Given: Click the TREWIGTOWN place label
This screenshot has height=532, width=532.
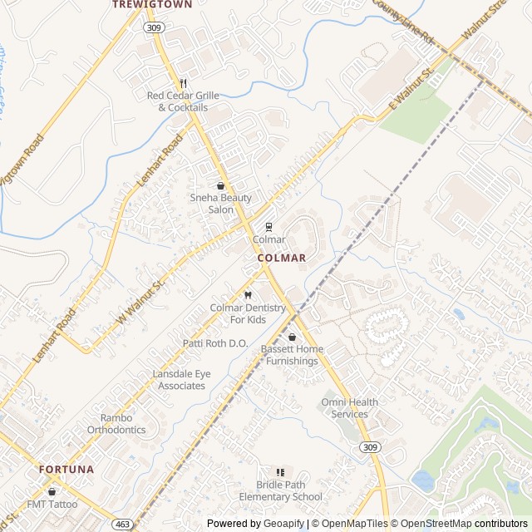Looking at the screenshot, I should (152, 5).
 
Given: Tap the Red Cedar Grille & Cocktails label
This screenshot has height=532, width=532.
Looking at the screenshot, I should (183, 101).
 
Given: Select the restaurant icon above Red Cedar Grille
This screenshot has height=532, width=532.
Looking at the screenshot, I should (183, 84).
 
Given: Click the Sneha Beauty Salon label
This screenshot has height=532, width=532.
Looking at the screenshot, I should (220, 204).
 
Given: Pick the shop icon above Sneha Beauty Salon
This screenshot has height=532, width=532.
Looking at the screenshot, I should (220, 186).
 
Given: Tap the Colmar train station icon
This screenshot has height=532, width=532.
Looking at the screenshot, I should (268, 227).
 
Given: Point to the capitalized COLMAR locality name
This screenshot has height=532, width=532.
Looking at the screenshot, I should (282, 259).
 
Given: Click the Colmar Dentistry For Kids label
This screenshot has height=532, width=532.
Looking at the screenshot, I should (248, 313).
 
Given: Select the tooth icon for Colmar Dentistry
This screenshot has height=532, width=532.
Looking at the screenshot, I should (248, 295).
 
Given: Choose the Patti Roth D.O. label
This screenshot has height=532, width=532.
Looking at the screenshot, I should (215, 343).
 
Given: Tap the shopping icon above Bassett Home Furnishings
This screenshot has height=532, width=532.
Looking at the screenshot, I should (292, 337).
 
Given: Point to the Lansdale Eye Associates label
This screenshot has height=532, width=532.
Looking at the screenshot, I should (181, 380).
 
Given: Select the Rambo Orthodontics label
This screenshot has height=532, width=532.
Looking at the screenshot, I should (116, 424).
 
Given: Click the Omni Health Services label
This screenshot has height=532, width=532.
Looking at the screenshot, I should (349, 408).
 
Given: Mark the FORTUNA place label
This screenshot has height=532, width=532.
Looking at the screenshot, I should (66, 470).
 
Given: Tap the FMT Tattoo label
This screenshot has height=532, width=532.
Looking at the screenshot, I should (52, 504).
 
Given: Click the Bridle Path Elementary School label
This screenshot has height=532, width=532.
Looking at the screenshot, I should (280, 491).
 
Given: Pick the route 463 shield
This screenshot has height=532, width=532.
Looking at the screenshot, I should (122, 525).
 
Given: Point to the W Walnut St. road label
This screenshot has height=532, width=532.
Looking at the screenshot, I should (142, 301).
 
